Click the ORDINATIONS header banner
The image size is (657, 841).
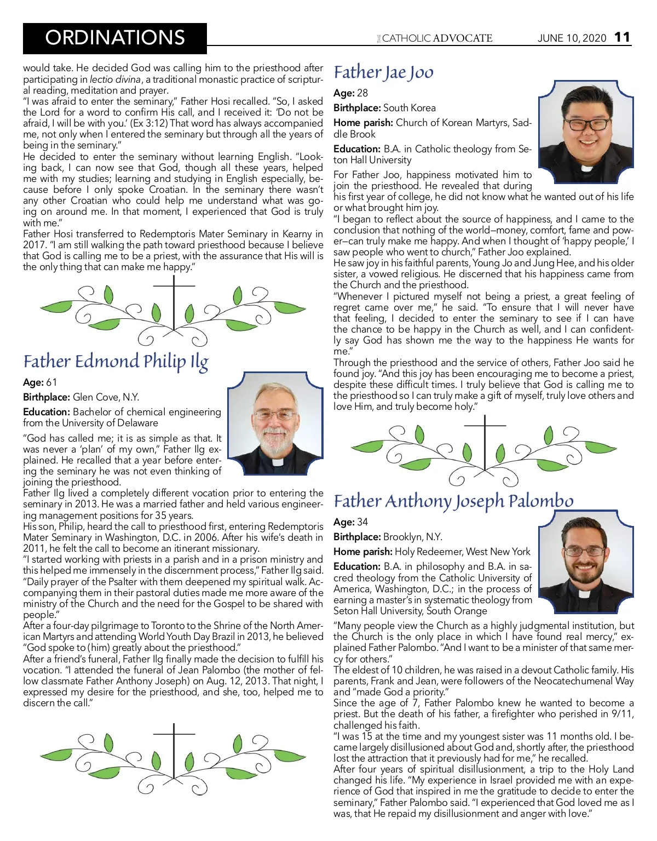point(115,38)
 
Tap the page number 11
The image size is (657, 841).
point(622,37)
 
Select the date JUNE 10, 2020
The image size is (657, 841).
point(572,38)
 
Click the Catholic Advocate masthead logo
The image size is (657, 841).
point(436,38)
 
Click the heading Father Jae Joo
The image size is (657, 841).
point(383,72)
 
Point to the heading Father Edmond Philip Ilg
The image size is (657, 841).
point(116,362)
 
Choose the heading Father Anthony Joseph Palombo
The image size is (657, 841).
point(453,501)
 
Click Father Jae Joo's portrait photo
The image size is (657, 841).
point(586,131)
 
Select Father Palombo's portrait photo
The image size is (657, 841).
point(586,560)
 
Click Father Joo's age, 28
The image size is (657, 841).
point(362,93)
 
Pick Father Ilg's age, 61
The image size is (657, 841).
point(51,382)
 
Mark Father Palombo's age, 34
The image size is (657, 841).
point(362,522)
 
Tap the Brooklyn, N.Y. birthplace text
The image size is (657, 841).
point(413,537)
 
